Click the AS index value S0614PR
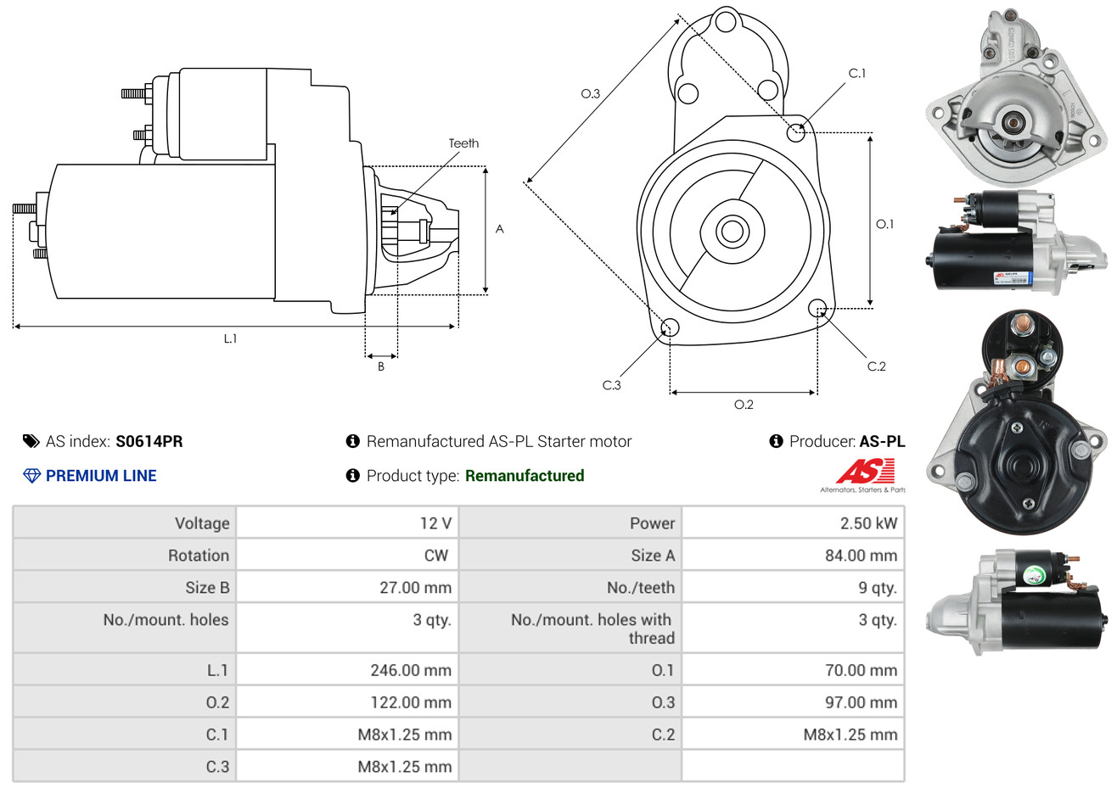click(x=149, y=441)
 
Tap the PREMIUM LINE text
click(x=101, y=476)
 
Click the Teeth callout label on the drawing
click(x=463, y=143)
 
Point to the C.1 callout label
click(x=857, y=74)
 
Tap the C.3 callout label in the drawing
click(x=611, y=385)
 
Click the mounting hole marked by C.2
click(x=817, y=307)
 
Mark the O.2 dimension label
click(x=744, y=405)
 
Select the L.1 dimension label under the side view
click(x=230, y=338)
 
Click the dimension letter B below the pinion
click(x=381, y=366)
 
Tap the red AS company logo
click(x=865, y=471)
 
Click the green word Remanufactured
click(x=525, y=476)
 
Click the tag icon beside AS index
click(x=31, y=441)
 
